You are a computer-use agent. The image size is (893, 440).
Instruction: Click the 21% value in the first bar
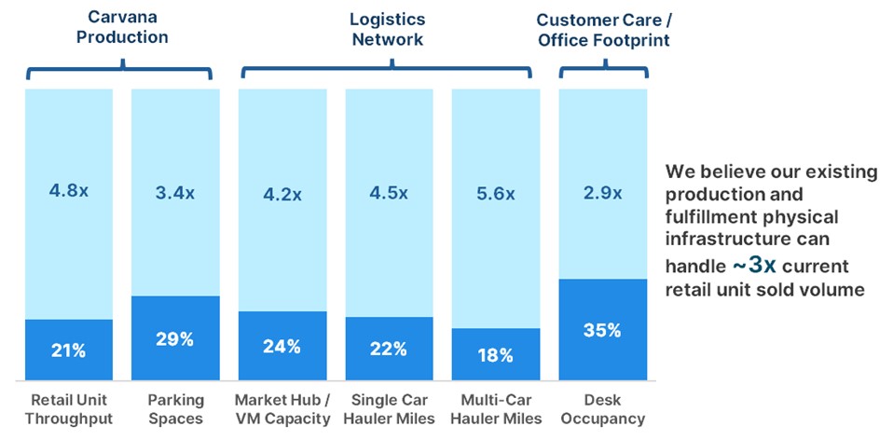69,351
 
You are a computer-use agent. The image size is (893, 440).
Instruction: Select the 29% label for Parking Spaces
175,338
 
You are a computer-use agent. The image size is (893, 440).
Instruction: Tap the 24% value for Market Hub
282,347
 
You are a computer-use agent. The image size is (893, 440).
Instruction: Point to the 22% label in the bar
388,350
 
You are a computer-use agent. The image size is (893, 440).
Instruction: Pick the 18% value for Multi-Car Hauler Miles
494,355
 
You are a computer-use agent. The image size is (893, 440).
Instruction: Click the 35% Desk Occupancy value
601,330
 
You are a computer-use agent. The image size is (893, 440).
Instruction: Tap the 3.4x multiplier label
175,193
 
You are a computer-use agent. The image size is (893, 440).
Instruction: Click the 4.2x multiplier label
282,195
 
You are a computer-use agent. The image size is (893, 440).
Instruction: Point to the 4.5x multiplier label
388,193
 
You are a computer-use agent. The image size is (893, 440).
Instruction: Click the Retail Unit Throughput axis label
69,409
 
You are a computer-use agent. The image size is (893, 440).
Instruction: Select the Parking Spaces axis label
175,409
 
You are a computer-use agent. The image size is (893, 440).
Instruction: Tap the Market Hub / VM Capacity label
282,409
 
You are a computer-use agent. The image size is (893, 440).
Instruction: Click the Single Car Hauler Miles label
388,409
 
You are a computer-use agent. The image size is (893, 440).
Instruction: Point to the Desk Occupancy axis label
601,409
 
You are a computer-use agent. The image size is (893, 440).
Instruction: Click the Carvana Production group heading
122,27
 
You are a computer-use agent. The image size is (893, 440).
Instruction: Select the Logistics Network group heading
387,29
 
